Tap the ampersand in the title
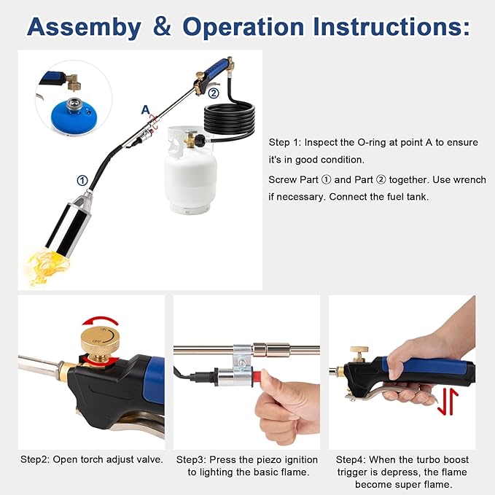coord(161,27)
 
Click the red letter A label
coord(145,110)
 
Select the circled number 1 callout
coord(82,180)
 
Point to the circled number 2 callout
coord(213,93)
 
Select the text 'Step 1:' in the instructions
coord(286,142)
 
